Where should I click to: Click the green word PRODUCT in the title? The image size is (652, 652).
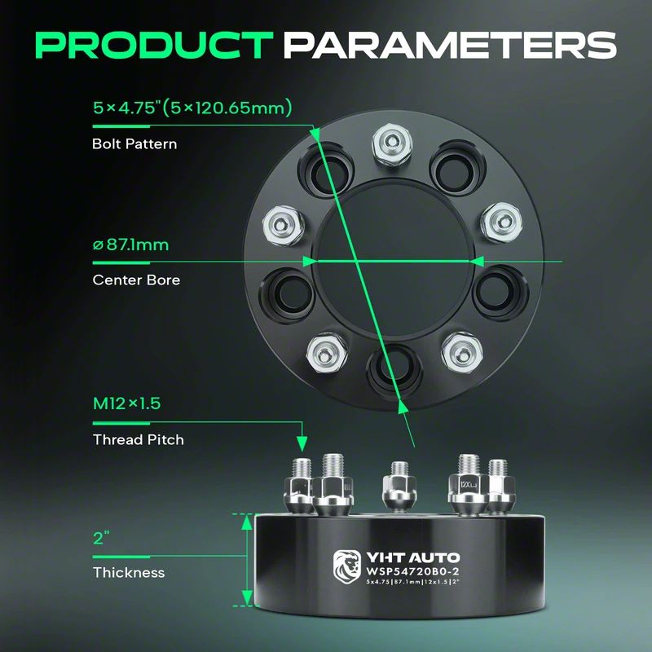[154, 45]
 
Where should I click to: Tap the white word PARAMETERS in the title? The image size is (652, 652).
[451, 45]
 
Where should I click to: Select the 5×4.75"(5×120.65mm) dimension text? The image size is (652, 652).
[192, 108]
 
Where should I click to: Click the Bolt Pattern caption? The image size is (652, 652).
[134, 144]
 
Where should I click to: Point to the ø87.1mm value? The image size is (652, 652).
[130, 244]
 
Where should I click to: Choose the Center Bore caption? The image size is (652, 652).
[136, 280]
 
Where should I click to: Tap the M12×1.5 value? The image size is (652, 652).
[126, 403]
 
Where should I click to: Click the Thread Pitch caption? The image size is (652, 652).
[138, 439]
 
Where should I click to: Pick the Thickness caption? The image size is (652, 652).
[129, 573]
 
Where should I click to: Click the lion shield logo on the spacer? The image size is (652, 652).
[347, 566]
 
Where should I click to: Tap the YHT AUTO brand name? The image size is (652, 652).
[412, 557]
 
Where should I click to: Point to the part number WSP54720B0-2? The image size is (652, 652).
[412, 571]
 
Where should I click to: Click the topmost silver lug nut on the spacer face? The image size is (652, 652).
[392, 144]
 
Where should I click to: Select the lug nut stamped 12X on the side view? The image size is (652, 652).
[468, 484]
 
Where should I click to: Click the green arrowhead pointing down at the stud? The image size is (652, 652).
[302, 443]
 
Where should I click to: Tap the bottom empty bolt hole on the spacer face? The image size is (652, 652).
[394, 368]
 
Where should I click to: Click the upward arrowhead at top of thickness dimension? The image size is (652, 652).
[247, 522]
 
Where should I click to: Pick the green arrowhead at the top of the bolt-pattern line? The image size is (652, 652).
[315, 134]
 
